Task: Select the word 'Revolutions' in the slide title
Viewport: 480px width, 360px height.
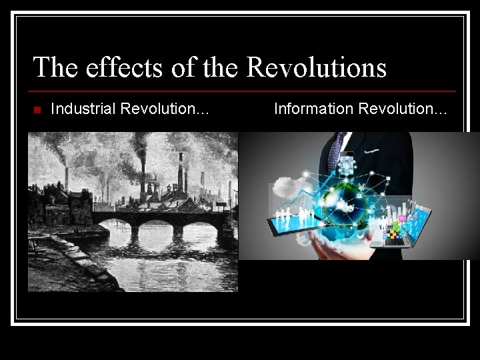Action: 316,67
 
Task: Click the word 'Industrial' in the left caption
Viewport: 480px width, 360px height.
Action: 81,108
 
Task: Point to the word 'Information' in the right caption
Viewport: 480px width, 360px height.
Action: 314,108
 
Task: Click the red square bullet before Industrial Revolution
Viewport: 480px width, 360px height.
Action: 37,109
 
